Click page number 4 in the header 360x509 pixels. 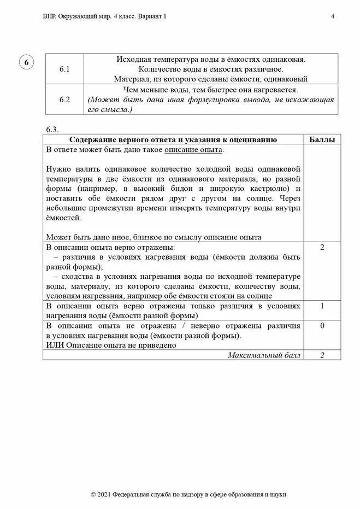[333, 16]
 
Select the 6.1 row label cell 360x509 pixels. [65, 69]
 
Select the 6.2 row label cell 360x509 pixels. [65, 100]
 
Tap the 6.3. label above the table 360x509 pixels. [52, 129]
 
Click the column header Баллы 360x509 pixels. [322, 139]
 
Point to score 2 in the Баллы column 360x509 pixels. [322, 248]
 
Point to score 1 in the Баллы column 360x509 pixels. [322, 306]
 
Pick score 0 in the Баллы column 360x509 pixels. [322, 325]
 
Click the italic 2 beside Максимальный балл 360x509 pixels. [322, 355]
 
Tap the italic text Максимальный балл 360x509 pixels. [264, 355]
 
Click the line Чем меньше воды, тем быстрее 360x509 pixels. [210, 90]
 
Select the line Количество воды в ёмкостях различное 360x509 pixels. [210, 69]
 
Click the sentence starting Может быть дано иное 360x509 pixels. [154, 237]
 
